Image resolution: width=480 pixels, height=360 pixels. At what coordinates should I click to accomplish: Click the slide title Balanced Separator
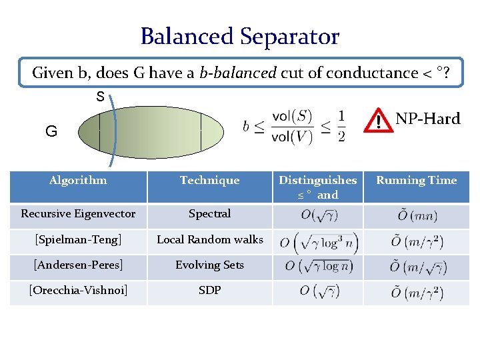[x=240, y=36]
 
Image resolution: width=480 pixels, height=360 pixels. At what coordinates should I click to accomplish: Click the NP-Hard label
[x=427, y=119]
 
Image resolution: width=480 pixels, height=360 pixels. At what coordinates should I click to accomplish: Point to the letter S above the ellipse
[x=100, y=97]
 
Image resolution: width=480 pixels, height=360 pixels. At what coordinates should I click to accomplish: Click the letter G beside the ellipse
[x=51, y=131]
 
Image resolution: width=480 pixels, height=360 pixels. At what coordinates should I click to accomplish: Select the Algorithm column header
[x=78, y=180]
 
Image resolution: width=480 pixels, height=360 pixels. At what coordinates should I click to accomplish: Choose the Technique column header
[x=209, y=180]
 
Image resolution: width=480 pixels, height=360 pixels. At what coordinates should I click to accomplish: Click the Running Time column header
[x=417, y=180]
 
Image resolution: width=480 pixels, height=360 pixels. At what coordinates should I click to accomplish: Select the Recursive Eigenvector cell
[x=78, y=214]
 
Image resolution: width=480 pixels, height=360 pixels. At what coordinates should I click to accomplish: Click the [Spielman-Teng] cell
[x=78, y=239]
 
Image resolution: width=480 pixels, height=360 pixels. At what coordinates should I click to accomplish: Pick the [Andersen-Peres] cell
[x=78, y=265]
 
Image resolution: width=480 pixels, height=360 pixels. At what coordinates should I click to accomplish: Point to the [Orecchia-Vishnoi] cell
[x=78, y=290]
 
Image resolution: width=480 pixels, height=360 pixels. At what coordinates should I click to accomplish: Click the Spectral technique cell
[x=209, y=214]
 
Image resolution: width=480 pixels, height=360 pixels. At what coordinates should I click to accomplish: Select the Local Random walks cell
[x=209, y=239]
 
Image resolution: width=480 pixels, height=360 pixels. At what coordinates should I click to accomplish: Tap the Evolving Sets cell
[x=209, y=265]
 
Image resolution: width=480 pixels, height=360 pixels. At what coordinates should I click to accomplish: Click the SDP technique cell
[x=209, y=290]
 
